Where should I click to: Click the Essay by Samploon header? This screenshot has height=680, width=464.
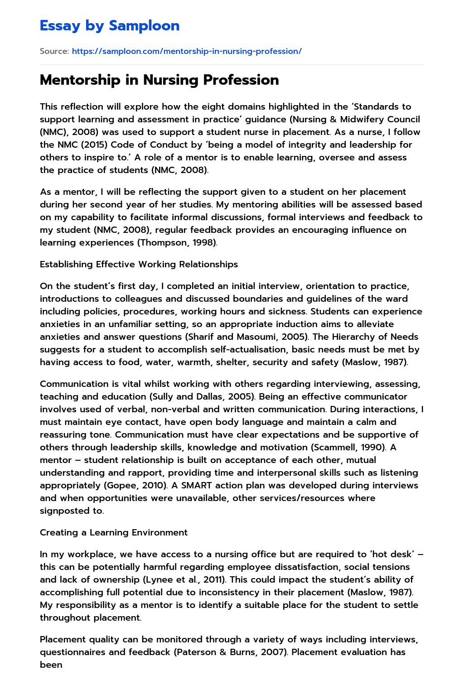point(110,25)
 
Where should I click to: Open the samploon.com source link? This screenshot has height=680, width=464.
point(187,51)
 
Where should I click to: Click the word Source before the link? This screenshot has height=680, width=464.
point(53,51)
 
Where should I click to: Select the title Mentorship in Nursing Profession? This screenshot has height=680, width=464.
point(159,80)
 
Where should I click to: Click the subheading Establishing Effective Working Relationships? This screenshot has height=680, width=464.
point(139,264)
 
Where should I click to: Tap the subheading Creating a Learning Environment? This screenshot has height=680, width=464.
point(113,532)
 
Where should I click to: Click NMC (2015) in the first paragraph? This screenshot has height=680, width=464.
point(81,145)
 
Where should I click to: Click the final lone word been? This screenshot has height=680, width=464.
point(51,665)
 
